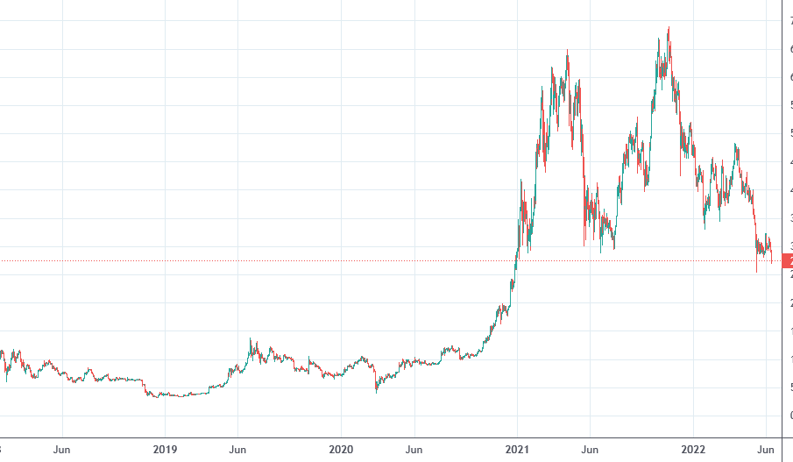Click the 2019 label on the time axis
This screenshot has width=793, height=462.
[165, 450]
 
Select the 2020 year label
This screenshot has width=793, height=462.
[341, 450]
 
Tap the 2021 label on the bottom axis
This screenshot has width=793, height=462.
[517, 450]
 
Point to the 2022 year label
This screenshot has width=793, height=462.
[693, 450]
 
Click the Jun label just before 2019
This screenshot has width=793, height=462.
[62, 450]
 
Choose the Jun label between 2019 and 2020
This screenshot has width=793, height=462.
[237, 450]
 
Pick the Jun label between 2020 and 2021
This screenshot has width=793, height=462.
[414, 450]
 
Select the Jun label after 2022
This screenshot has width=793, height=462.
[766, 450]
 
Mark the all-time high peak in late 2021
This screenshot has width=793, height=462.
[669, 27]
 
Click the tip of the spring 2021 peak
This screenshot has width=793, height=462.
[568, 50]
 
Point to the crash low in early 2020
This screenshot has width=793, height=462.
[377, 392]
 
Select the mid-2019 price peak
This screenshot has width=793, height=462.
[251, 338]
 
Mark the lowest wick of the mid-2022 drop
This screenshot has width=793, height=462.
[756, 273]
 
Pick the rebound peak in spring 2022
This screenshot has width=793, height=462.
[735, 145]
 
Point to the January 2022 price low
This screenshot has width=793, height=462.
[705, 230]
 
